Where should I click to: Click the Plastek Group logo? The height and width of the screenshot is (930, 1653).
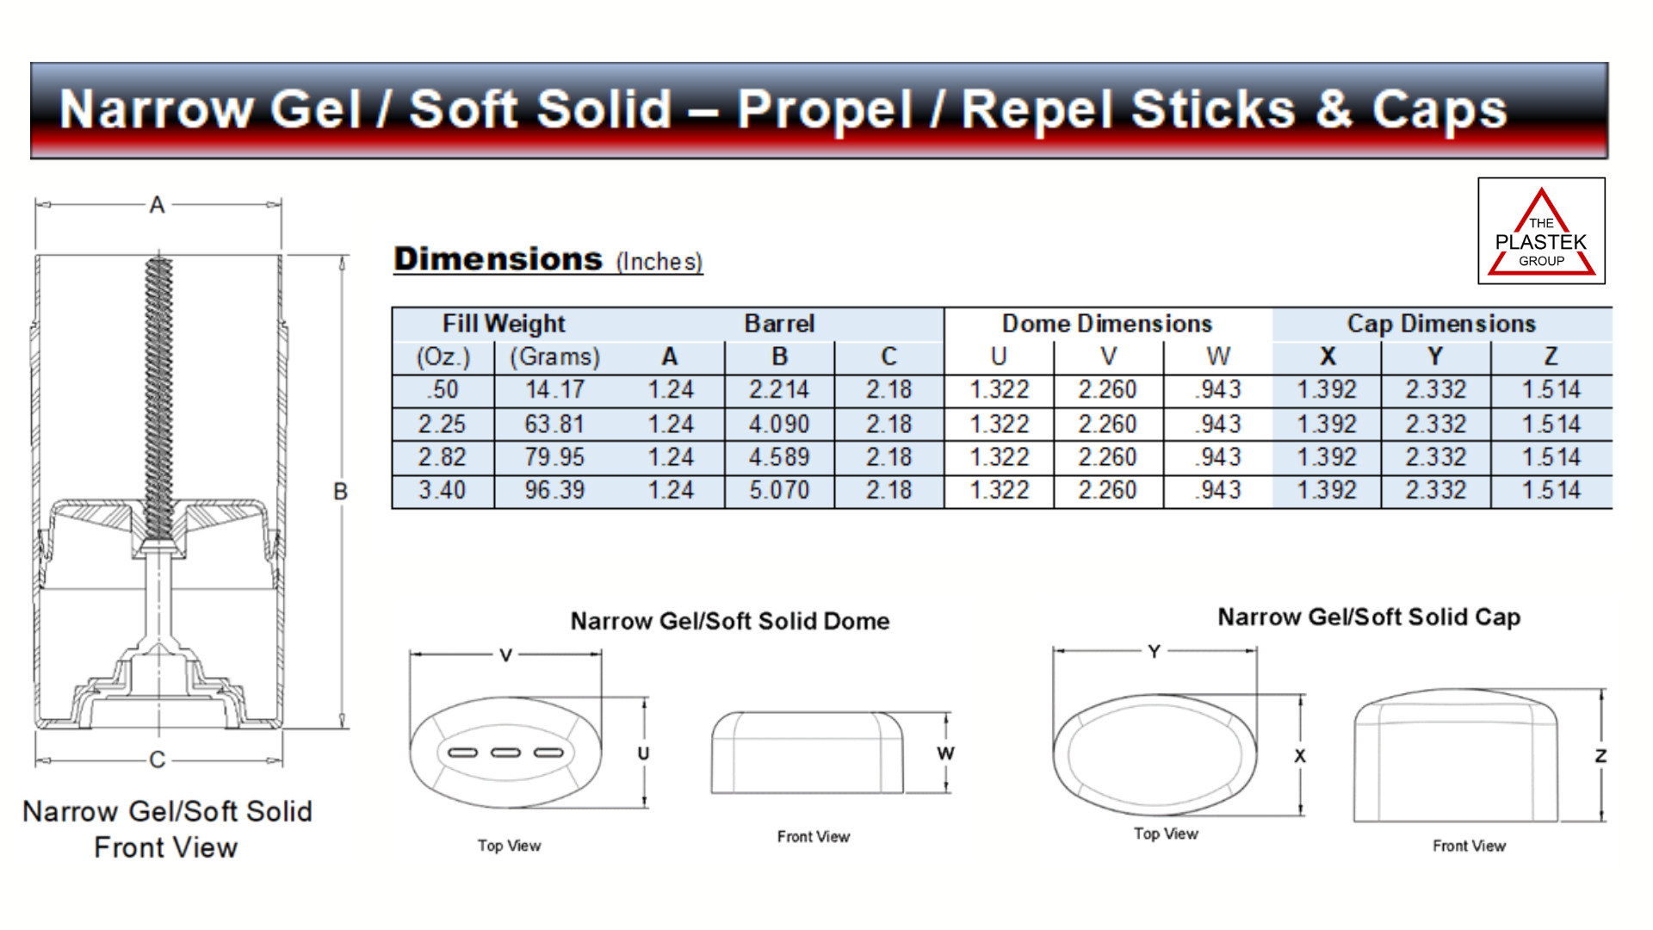tap(1541, 231)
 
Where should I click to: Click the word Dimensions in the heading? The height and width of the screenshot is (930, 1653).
tap(498, 259)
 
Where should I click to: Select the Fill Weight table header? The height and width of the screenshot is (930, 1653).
tap(504, 324)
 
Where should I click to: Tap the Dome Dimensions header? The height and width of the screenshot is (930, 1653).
tap(1107, 324)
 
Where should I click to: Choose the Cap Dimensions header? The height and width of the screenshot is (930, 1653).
tap(1441, 324)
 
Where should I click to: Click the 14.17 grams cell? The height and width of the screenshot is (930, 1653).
tap(554, 390)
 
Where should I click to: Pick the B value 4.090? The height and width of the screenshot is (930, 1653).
tap(779, 425)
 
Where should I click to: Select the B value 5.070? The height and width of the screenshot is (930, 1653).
tap(779, 491)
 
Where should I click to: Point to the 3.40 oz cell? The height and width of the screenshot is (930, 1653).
tap(442, 491)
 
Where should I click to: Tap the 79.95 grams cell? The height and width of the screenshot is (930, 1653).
tap(554, 457)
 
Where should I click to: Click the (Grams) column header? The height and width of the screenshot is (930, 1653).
tap(554, 356)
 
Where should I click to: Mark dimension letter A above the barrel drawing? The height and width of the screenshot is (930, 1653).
tap(157, 205)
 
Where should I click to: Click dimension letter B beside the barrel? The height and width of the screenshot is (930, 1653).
tap(341, 492)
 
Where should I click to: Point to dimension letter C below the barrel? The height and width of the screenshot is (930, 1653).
tap(157, 759)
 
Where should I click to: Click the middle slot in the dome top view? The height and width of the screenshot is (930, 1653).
tap(505, 753)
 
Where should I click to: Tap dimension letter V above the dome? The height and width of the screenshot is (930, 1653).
tap(506, 655)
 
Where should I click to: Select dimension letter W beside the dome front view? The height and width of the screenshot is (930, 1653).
tap(945, 753)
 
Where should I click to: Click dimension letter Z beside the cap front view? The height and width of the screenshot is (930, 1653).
tap(1600, 756)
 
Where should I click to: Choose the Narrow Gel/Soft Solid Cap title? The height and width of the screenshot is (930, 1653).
tap(1369, 617)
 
